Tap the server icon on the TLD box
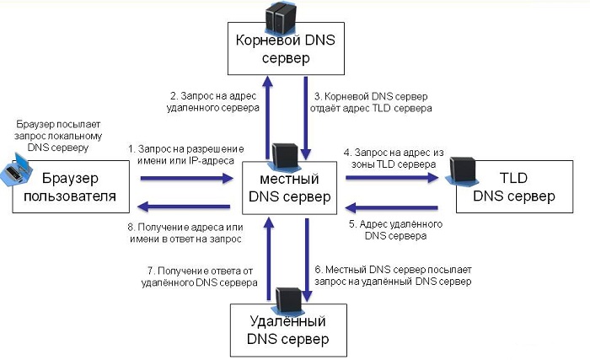459,169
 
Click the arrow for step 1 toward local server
185,179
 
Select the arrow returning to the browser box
185,205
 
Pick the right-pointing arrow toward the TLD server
391,179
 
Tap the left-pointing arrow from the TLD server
391,206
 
